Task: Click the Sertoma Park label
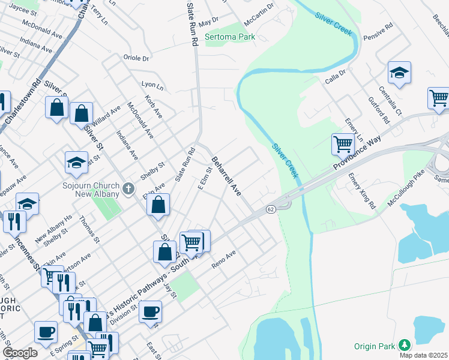[230, 37]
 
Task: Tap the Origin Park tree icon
[406, 344]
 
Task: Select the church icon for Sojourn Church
[127, 190]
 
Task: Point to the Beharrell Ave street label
[226, 176]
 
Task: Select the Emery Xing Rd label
[362, 191]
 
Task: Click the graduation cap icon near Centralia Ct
[399, 73]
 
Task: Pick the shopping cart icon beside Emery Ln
[343, 143]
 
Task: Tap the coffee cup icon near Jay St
[150, 311]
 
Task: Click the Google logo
[20, 352]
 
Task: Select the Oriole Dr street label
[136, 58]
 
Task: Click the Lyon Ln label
[152, 85]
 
